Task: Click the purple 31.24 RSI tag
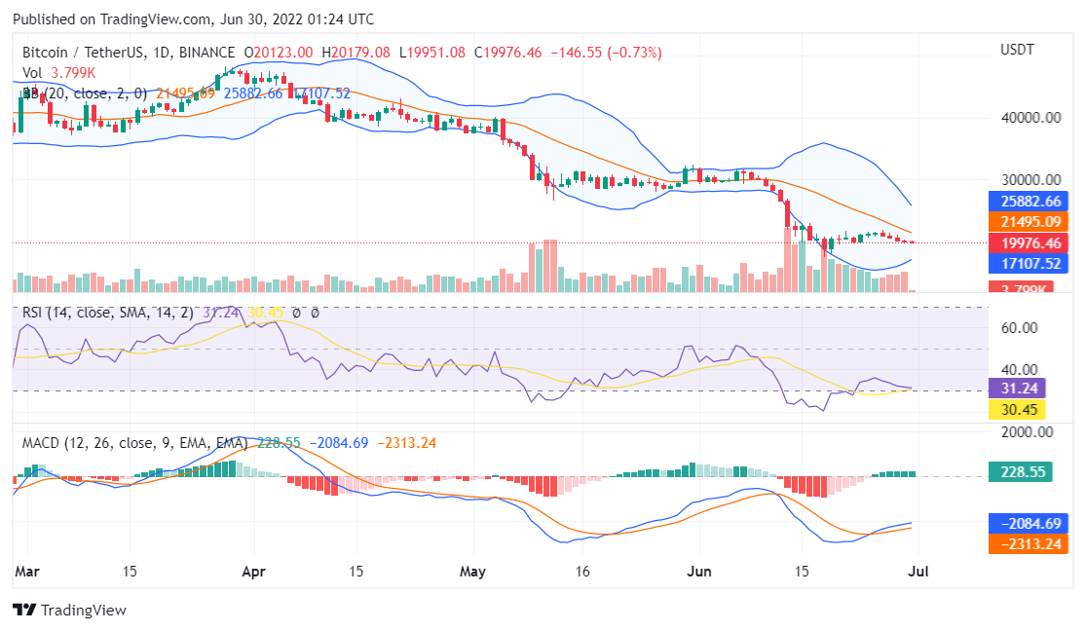[1017, 389]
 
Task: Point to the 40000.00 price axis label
[1030, 118]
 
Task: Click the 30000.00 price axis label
[1030, 180]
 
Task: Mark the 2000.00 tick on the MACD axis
[1027, 431]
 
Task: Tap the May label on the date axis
[472, 573]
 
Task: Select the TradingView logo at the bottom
[69, 611]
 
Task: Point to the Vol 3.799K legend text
[59, 72]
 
